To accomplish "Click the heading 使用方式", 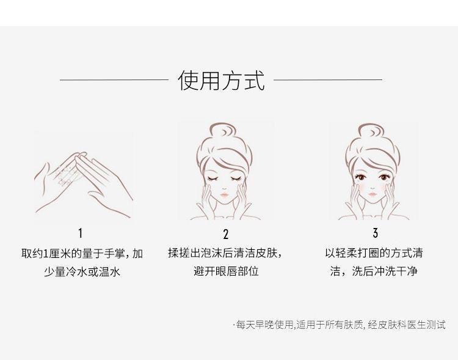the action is tap(222, 80).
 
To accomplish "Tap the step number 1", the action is tap(81, 233).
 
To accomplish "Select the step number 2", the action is tap(226, 234).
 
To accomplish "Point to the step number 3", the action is tap(376, 233).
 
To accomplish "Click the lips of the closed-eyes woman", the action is tap(224, 194).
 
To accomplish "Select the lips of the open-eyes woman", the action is tap(372, 194).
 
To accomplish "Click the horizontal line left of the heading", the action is tap(114, 79).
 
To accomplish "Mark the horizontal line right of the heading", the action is tap(328, 79).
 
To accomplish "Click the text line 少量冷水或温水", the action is tap(82, 272).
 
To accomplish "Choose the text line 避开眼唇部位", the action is tap(226, 271).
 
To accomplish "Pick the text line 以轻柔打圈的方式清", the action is tap(374, 252).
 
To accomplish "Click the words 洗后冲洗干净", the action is tap(384, 271).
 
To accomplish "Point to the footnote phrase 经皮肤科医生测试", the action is tap(407, 325).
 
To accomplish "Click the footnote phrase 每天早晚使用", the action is tap(264, 325).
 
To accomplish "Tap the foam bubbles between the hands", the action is tap(65, 175).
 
